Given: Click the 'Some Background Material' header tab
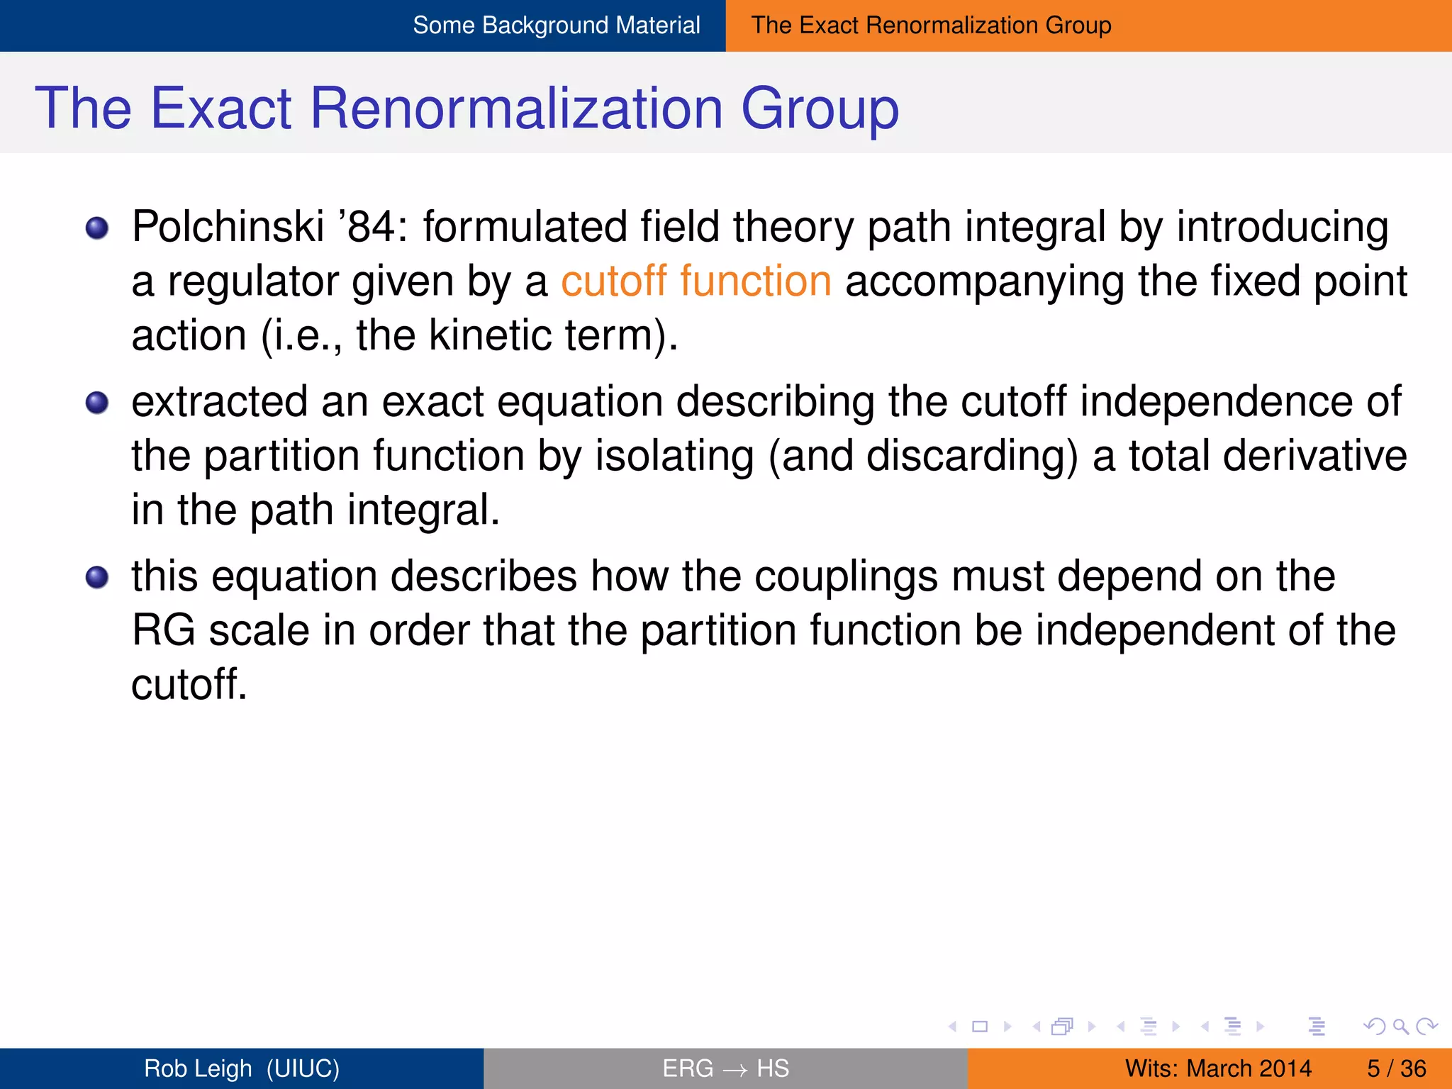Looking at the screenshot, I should [556, 26].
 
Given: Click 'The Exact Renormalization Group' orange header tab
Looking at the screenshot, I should [931, 26].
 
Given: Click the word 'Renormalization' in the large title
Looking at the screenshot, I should [516, 108].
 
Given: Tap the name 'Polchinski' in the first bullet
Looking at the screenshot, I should [228, 227].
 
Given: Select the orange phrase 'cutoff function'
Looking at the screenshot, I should [696, 281].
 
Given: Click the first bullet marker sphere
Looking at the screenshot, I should [97, 228].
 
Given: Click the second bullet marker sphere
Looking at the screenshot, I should [97, 403].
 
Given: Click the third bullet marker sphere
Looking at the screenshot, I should [97, 577].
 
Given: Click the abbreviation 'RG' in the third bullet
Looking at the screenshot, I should [163, 630].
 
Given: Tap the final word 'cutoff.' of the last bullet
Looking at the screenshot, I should [189, 684].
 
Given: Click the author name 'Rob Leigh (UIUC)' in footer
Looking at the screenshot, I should [242, 1068].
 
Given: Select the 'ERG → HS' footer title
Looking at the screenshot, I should [725, 1068].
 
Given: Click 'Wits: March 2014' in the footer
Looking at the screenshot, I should [1218, 1068].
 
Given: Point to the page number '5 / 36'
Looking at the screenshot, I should [1396, 1068].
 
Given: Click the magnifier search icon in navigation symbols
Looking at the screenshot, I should [1400, 1026].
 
